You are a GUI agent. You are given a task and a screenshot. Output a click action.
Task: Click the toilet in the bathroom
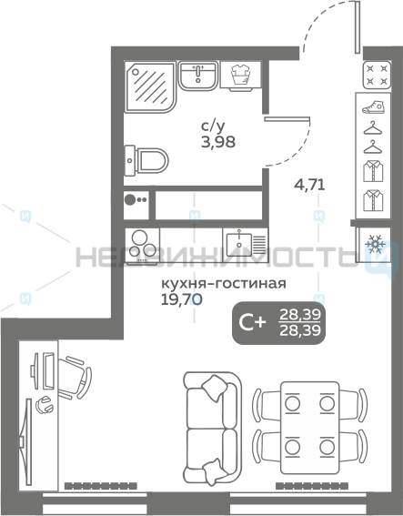coord(146,161)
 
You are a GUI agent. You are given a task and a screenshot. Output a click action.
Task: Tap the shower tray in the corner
coord(150,86)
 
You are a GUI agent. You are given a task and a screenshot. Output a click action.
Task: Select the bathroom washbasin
coord(198,76)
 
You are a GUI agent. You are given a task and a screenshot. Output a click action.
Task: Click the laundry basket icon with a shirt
coord(241,75)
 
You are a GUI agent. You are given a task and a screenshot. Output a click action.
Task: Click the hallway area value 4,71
coord(309,185)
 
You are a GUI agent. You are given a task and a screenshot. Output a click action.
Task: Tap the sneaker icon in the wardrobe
coord(373,107)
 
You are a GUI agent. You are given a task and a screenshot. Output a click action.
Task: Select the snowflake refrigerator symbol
coord(375,244)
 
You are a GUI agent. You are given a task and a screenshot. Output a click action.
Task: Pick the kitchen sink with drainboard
coord(245,245)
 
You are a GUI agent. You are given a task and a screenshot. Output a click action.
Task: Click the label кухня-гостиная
coord(224,283)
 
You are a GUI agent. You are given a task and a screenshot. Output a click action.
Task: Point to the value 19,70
coord(181,299)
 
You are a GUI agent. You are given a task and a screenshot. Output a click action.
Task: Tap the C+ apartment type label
coord(252,322)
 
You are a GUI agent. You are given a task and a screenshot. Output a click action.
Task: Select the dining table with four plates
coord(309,428)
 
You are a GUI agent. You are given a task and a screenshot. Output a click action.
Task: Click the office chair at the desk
coord(75,377)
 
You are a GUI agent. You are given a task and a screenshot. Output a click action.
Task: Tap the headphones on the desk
coord(44,404)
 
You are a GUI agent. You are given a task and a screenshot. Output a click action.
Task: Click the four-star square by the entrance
coord(377,75)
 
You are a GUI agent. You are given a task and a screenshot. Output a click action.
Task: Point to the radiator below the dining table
coord(311,486)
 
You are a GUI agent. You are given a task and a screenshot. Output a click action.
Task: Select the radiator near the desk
coord(100,486)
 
